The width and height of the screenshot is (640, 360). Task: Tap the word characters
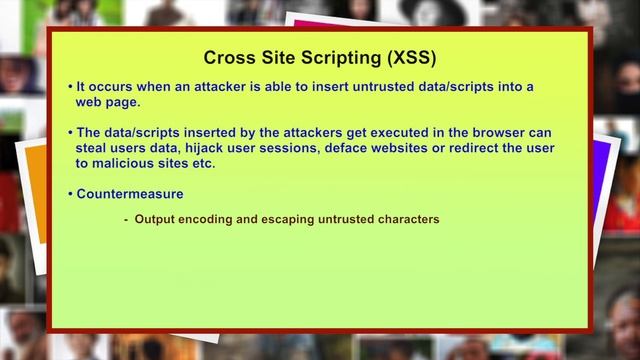click(x=406, y=220)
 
